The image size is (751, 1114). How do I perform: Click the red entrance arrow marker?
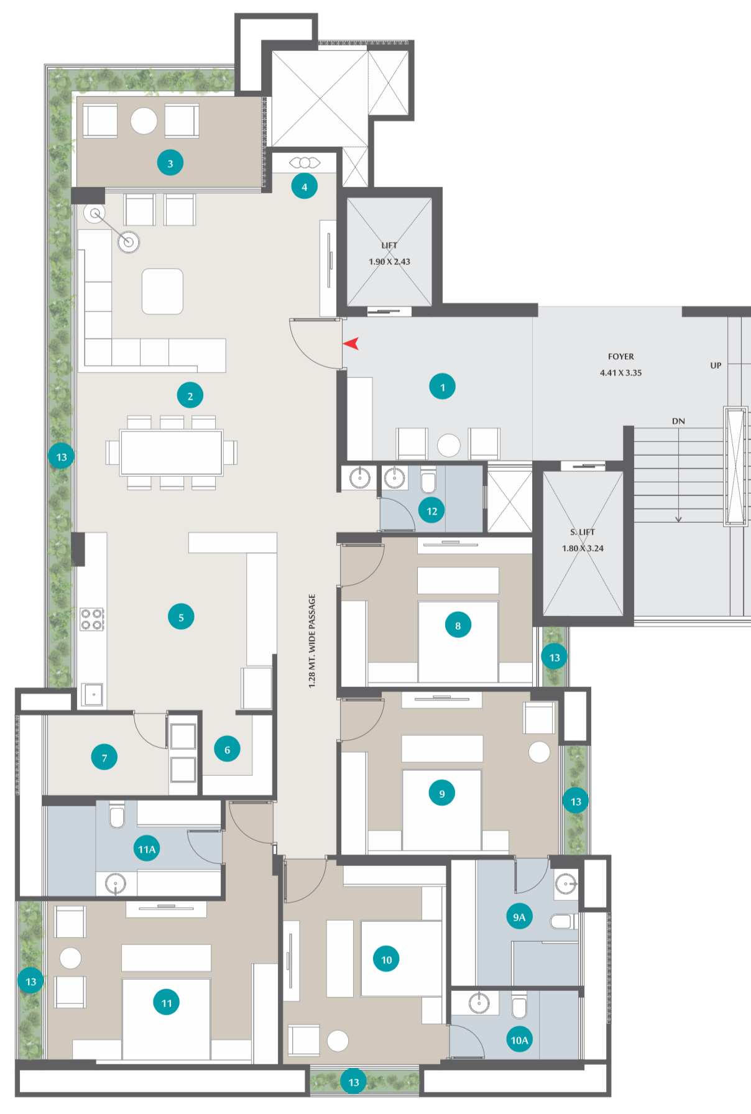351,343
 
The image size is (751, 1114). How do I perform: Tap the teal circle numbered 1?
443,387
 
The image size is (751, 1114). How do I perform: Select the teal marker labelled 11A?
147,849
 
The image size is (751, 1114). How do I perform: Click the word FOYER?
621,357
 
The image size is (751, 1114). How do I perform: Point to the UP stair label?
716,366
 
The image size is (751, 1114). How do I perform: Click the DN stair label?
678,421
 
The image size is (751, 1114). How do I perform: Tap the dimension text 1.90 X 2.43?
389,262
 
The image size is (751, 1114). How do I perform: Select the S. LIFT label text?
583,532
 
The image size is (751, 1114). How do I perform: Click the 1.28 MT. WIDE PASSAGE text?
312,641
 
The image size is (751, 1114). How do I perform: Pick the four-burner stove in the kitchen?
91,620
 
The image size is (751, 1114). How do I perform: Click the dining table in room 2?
172,453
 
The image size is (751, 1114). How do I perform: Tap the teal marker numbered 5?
181,617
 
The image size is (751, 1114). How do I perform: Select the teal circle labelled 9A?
519,917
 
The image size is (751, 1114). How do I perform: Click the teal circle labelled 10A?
519,1040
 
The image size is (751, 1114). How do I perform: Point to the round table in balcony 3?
144,121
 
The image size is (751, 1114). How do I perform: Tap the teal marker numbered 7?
104,758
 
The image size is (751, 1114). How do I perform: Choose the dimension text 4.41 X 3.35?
621,373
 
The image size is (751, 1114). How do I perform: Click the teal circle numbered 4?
305,186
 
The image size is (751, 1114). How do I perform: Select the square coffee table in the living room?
162,292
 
